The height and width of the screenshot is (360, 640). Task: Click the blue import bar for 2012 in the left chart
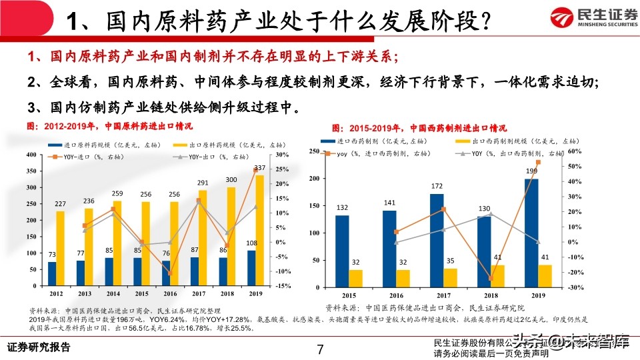[x=52, y=274]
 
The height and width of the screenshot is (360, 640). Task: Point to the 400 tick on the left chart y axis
[x=31, y=155]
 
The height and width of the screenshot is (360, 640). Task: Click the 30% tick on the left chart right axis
[x=281, y=155]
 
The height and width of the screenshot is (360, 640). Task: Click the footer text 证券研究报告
[x=38, y=348]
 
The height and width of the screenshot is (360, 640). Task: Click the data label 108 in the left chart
[x=251, y=243]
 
